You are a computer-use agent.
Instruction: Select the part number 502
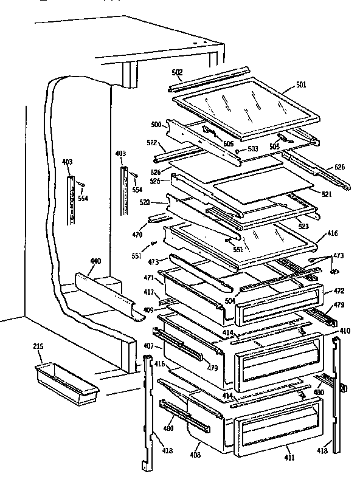(x=177, y=73)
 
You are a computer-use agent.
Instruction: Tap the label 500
(x=156, y=125)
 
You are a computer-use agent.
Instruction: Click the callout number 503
(x=252, y=148)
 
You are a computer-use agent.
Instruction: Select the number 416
(x=333, y=233)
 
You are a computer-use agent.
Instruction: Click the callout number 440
(x=95, y=261)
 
